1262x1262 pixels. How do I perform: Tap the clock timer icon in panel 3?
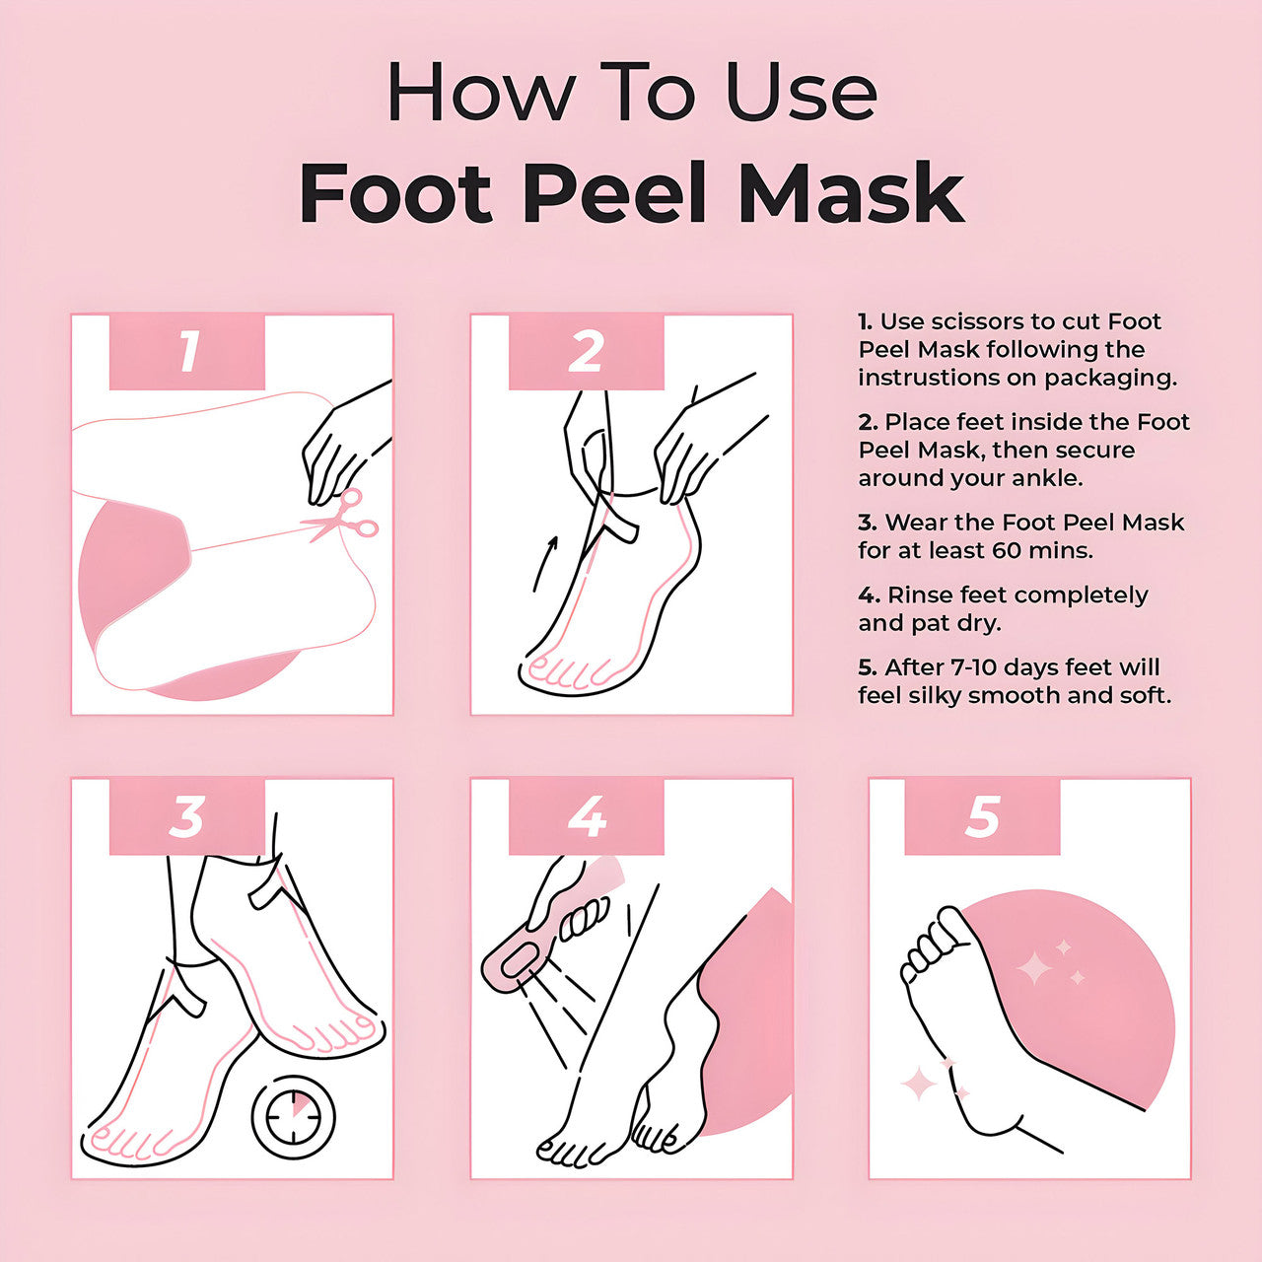293,1117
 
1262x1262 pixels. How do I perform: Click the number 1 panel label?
187,351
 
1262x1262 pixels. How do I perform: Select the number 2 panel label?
586,351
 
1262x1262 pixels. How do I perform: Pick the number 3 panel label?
187,816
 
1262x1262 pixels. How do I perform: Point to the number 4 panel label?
586,816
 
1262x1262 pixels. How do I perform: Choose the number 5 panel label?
982,816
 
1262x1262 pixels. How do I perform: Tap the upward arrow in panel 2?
545,562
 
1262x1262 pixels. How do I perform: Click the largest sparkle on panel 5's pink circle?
1034,968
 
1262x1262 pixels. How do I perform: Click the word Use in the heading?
801,93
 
